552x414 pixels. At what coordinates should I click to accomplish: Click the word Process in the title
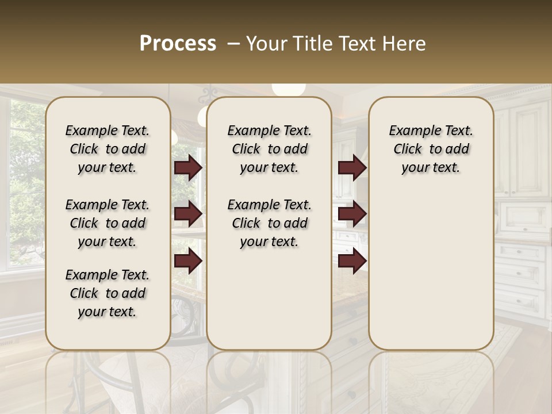pyautogui.click(x=178, y=44)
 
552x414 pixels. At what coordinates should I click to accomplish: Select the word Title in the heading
pyautogui.click(x=311, y=44)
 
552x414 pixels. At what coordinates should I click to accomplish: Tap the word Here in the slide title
pyautogui.click(x=406, y=44)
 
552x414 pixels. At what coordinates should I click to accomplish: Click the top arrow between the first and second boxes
pyautogui.click(x=188, y=167)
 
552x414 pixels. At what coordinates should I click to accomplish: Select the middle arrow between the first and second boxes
pyautogui.click(x=188, y=214)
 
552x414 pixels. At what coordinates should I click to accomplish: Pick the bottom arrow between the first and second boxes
pyautogui.click(x=188, y=261)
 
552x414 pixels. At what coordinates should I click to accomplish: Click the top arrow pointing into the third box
pyautogui.click(x=352, y=167)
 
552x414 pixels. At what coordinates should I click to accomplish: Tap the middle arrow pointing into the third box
pyautogui.click(x=352, y=214)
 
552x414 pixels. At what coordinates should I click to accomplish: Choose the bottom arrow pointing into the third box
pyautogui.click(x=352, y=261)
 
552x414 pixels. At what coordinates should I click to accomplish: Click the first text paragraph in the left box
pyautogui.click(x=108, y=149)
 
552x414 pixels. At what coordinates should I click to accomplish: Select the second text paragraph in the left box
pyautogui.click(x=108, y=223)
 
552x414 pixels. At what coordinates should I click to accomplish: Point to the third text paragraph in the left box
pyautogui.click(x=108, y=293)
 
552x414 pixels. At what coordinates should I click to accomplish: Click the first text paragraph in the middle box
pyautogui.click(x=270, y=149)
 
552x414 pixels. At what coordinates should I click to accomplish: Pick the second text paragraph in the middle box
pyautogui.click(x=270, y=223)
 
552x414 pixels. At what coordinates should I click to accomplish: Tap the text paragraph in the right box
pyautogui.click(x=431, y=149)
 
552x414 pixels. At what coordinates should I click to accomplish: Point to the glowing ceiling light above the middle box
pyautogui.click(x=288, y=89)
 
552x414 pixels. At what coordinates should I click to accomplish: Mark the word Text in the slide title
pyautogui.click(x=358, y=44)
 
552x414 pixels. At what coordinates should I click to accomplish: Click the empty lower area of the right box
pyautogui.click(x=431, y=270)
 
